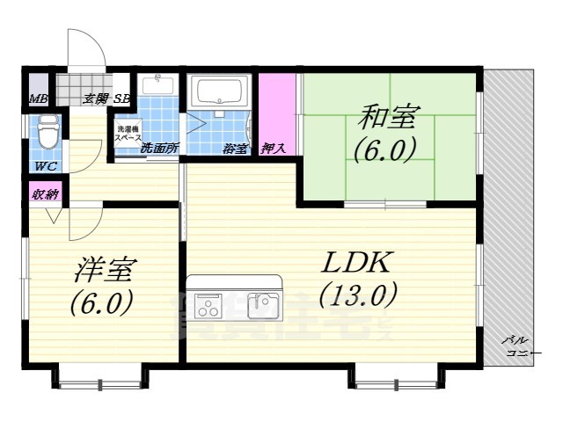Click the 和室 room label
click(x=384, y=116)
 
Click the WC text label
click(x=47, y=165)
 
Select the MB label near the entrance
click(x=39, y=98)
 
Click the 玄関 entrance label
click(x=95, y=98)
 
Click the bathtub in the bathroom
click(x=222, y=91)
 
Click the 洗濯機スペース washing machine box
click(x=129, y=135)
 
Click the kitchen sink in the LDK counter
click(x=262, y=305)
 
